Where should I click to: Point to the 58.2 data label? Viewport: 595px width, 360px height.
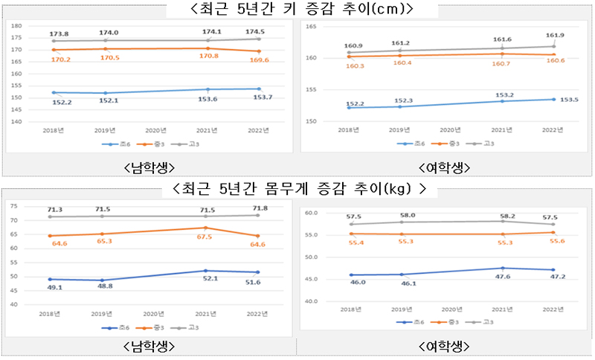[504, 213]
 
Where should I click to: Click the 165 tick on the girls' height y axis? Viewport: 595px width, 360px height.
[312, 26]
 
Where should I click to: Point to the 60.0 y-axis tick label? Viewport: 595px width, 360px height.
[311, 213]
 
